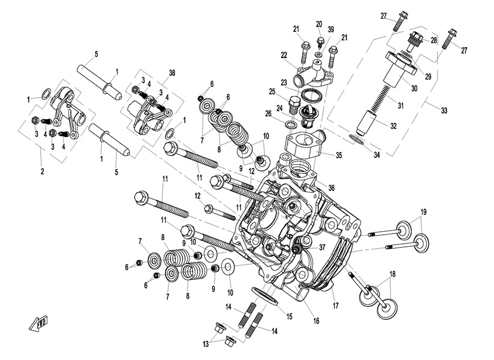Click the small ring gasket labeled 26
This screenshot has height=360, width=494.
pyautogui.click(x=290, y=124)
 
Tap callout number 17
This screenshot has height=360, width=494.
pyautogui.click(x=336, y=305)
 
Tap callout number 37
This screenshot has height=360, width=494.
pyautogui.click(x=322, y=247)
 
